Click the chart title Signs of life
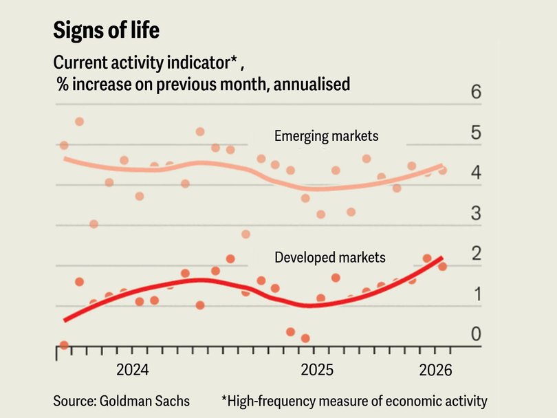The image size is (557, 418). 107,30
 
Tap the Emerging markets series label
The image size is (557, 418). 326,136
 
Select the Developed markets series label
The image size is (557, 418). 330,258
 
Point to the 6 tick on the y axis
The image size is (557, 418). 476,93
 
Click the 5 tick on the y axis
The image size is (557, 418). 476,133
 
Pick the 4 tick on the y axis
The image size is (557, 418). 476,173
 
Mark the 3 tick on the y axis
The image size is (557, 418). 476,214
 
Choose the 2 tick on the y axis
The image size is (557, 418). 476,254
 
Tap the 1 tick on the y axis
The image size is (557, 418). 476,294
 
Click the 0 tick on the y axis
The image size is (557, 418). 476,335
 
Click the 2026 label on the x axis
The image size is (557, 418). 435,371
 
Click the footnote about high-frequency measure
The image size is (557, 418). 354,400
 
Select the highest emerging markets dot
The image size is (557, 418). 79,122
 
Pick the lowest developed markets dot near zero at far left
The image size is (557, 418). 64,345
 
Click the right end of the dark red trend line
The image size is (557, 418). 441,257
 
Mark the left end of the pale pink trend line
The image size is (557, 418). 65,158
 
